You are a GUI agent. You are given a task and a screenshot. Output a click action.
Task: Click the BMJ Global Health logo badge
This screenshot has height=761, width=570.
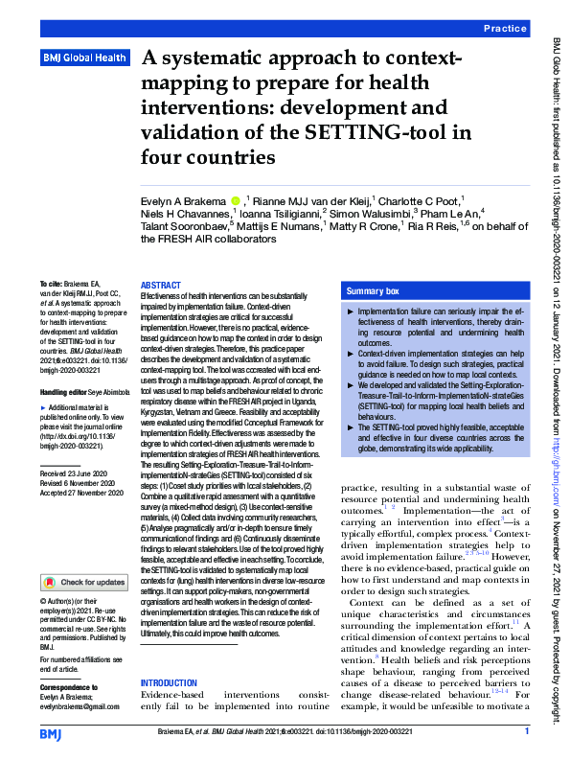(84, 58)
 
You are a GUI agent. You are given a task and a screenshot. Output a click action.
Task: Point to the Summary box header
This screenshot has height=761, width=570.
(373, 290)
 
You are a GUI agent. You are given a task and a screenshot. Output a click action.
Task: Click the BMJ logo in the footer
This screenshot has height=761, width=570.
(50, 733)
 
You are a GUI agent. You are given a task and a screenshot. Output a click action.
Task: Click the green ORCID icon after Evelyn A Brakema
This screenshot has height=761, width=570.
(236, 200)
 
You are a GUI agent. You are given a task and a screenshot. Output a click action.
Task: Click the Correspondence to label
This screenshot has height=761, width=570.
(69, 688)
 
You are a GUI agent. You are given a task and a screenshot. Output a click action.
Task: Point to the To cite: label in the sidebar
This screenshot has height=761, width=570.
(51, 286)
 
